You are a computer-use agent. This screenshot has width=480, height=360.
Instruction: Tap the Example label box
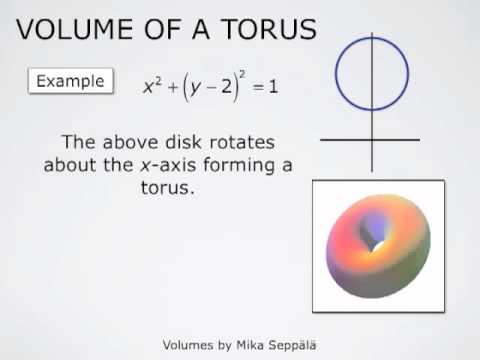pos(71,80)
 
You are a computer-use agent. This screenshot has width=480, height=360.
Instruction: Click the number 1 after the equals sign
pos(273,87)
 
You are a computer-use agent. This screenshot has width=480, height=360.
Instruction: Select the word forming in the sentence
pos(238,165)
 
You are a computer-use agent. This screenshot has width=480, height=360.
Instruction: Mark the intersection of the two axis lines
pos(372,139)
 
